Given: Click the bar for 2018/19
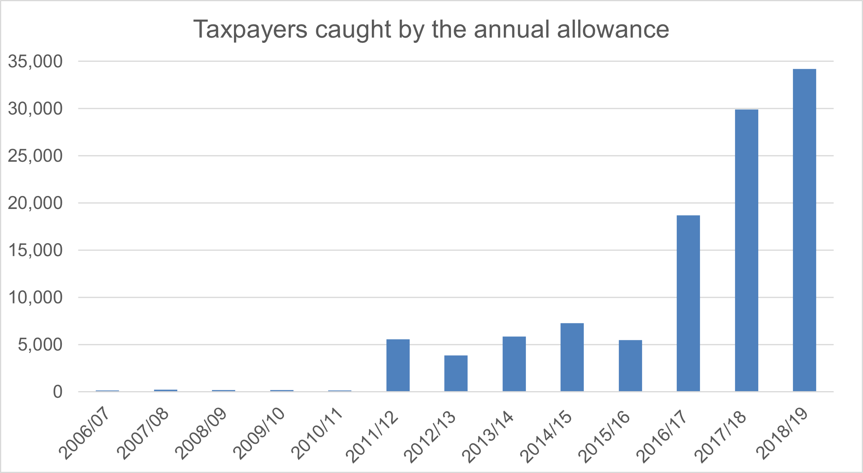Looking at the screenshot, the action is pos(804,230).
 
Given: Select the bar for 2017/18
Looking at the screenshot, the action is pos(746,250).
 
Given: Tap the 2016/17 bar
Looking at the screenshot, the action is pos(689,303).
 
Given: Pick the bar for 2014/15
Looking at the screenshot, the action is pos(572,357).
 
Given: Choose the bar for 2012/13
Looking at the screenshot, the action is pos(456,373).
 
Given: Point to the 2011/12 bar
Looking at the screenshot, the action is pos(398,365).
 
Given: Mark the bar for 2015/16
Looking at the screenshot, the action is pos(630,366).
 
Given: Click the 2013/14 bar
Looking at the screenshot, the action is pos(514,364).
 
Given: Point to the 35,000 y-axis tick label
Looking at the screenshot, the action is pos(35,61).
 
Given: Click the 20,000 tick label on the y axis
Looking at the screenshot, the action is pos(35,203).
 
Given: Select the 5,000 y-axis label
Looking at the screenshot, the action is pos(40,345).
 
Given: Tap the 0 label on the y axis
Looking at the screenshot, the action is pos(58,392).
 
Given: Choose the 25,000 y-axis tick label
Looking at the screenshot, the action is pos(35,156).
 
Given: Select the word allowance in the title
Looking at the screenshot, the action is pos(613,29).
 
